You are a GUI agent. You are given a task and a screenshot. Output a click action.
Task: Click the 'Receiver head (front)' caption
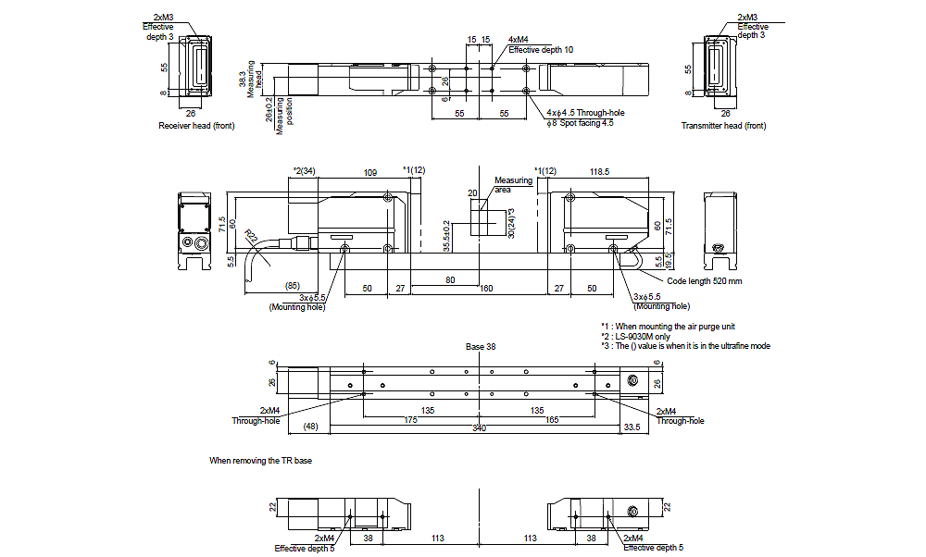click(x=196, y=126)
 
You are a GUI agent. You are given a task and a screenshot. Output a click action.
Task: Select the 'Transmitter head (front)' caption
click(x=723, y=126)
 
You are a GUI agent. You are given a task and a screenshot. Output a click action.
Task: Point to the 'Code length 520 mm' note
click(x=704, y=280)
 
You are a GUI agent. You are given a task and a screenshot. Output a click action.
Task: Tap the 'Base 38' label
click(x=481, y=347)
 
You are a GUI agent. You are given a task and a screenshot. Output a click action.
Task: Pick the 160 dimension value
click(x=485, y=289)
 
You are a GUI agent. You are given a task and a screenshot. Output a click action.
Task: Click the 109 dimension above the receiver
click(x=369, y=172)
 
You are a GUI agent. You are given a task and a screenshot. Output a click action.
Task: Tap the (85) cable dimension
click(x=293, y=286)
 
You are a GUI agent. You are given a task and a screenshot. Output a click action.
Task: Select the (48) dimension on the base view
click(x=310, y=427)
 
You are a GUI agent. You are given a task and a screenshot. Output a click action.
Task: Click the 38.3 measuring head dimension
click(x=244, y=80)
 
